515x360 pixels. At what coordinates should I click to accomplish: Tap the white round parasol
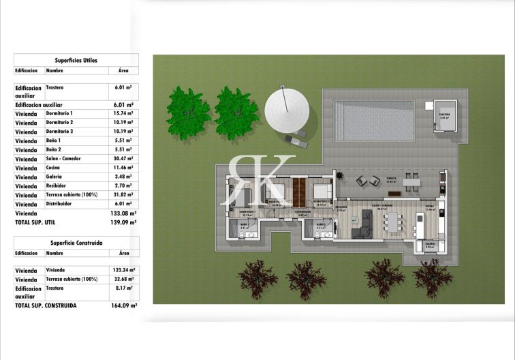287,109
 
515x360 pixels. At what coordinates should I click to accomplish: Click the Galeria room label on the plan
430,243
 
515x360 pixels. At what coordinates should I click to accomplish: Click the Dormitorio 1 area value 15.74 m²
123,113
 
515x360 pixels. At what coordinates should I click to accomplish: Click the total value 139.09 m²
123,222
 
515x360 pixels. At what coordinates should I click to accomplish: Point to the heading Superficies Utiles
76,60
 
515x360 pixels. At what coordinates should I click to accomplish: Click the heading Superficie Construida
76,243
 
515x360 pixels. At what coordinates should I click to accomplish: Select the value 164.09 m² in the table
123,306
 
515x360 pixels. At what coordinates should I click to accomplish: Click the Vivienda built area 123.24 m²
123,271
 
